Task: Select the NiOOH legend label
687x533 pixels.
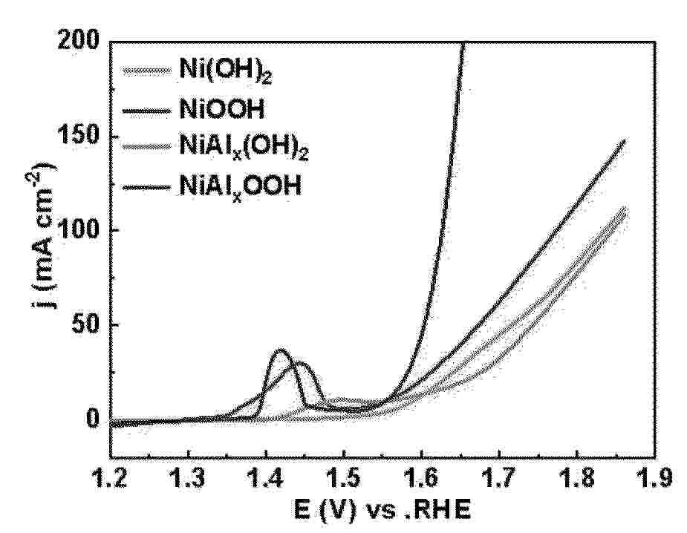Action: coord(223,111)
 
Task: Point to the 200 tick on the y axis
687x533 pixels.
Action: coord(79,42)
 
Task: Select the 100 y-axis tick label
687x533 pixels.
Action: coord(79,231)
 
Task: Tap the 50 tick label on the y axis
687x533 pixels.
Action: coord(85,325)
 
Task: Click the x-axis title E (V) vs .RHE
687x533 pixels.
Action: coord(382,511)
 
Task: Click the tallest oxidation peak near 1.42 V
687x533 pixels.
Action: coord(281,350)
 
